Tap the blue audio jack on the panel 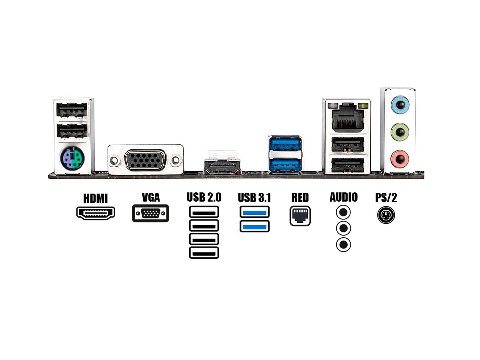(x=399, y=107)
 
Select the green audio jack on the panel (x=399, y=131)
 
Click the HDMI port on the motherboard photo (x=222, y=166)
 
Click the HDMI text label (x=96, y=198)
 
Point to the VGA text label (x=151, y=197)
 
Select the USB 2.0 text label (x=204, y=197)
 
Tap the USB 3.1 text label (x=254, y=198)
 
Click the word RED (x=300, y=198)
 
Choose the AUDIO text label (x=344, y=197)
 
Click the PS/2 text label (x=386, y=198)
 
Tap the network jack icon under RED (x=300, y=216)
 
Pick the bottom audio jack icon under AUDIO (x=343, y=244)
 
